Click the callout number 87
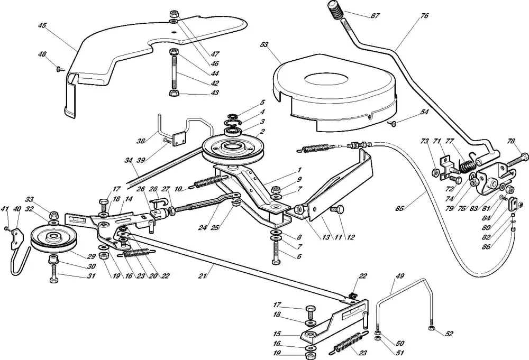pos(375,16)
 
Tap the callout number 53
pos(264,45)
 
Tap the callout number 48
pos(42,54)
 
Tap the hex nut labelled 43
pos(173,94)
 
